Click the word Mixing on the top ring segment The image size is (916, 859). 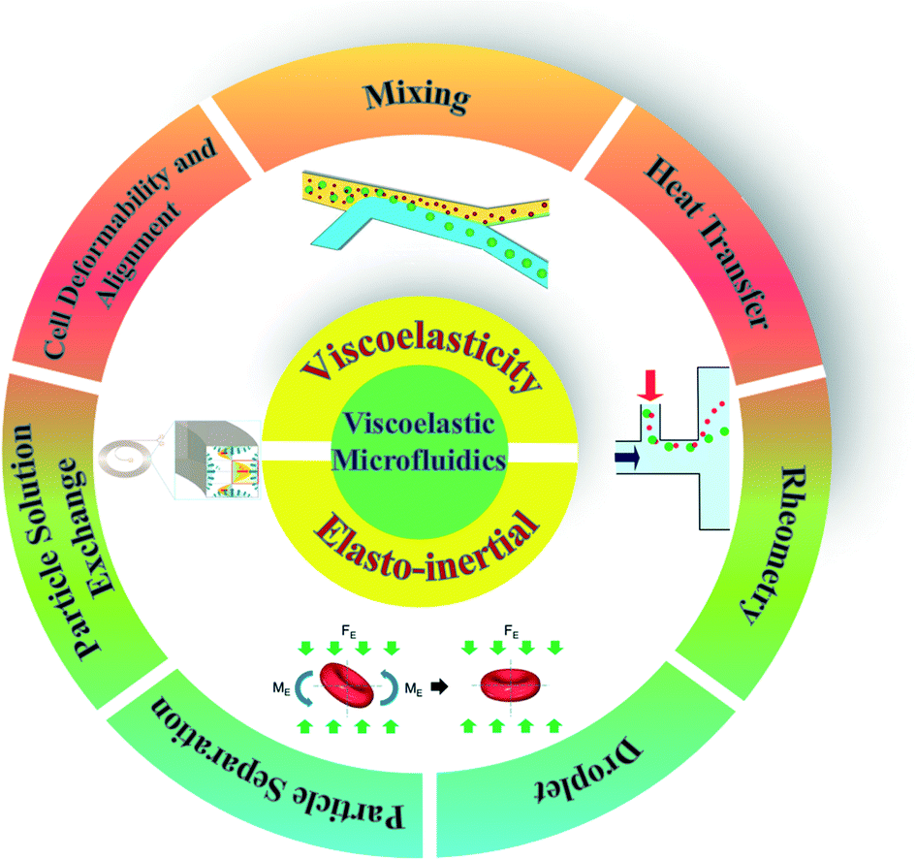coord(417,97)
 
